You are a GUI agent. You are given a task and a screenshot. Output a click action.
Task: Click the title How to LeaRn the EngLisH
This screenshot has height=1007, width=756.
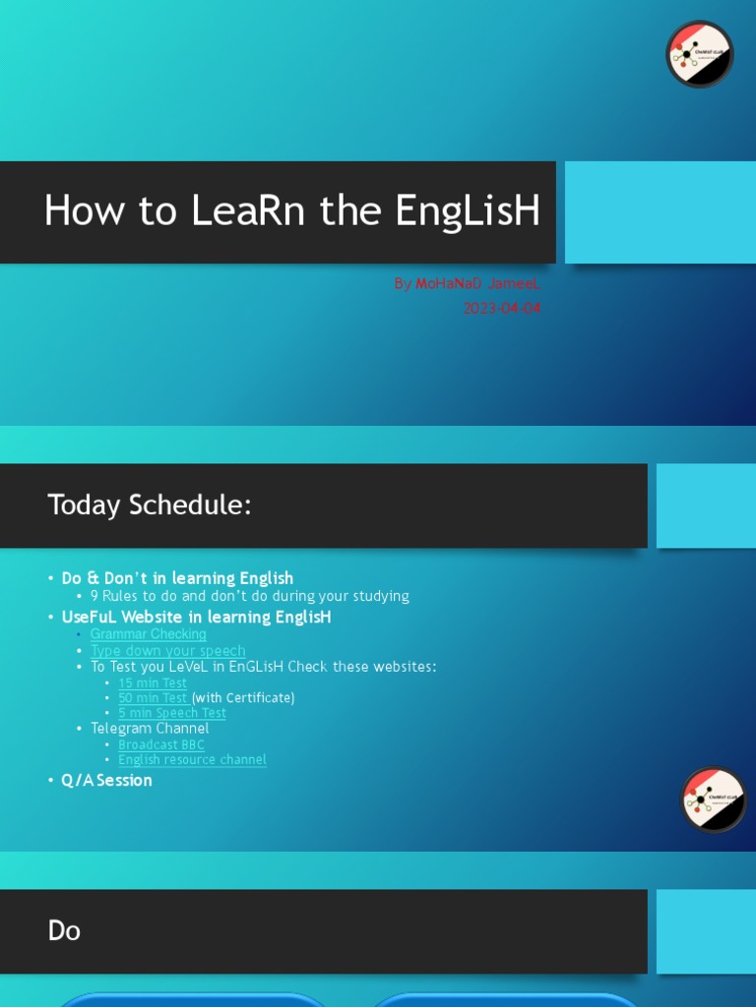292,210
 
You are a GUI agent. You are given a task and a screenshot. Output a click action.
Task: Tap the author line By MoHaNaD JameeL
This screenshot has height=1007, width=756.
467,283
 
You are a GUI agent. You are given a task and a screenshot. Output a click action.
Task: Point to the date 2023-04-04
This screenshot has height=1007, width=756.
502,308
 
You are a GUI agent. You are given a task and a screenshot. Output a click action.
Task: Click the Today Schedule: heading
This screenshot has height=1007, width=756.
150,505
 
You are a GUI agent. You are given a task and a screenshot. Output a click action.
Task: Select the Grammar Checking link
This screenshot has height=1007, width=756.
149,634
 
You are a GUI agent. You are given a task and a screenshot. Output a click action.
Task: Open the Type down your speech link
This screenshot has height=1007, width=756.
168,651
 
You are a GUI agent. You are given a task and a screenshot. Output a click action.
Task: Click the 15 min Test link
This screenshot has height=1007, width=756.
153,683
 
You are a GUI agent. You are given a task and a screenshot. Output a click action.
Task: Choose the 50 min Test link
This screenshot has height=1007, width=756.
154,698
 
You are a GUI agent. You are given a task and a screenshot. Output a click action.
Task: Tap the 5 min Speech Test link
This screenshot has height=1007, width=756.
172,713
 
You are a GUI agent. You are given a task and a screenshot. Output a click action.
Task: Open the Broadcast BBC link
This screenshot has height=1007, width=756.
161,744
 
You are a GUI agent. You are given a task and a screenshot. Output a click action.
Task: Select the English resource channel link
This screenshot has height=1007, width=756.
192,759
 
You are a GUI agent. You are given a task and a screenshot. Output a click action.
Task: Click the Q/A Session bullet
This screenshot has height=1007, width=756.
106,781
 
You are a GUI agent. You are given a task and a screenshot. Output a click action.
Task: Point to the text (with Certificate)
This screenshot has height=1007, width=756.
243,698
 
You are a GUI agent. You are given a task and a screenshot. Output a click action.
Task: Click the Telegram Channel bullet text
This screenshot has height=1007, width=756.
150,729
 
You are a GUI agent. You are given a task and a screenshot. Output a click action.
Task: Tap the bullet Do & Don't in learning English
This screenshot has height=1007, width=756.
177,578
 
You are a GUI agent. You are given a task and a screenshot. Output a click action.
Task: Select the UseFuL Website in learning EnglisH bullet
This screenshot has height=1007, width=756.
196,618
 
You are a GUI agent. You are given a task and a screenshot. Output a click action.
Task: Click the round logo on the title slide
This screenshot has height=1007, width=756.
700,54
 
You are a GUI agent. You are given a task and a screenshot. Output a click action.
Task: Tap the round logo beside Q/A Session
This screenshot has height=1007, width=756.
714,800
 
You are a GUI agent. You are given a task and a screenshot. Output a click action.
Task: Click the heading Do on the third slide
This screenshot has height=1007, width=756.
64,931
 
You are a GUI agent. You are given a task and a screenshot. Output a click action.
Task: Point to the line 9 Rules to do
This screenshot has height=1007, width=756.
249,596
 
